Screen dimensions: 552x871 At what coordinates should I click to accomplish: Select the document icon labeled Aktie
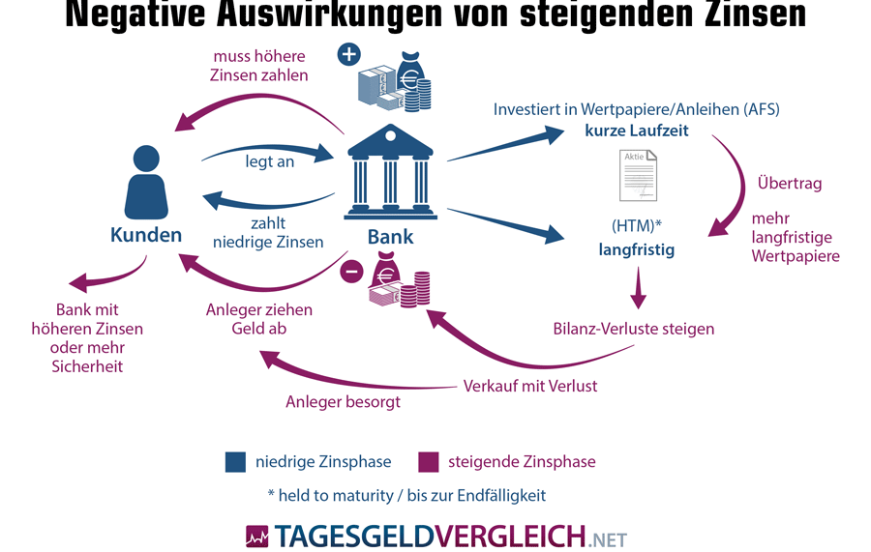pyautogui.click(x=639, y=175)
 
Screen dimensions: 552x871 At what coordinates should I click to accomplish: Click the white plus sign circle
pyautogui.click(x=349, y=54)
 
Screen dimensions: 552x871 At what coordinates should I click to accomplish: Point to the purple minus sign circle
pyautogui.click(x=351, y=272)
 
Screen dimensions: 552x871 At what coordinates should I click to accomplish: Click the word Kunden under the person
pyautogui.click(x=146, y=234)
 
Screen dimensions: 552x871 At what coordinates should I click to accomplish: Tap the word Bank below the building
pyautogui.click(x=391, y=237)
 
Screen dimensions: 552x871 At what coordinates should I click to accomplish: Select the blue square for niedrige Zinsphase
pyautogui.click(x=235, y=461)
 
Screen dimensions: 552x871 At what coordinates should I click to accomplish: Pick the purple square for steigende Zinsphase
pyautogui.click(x=428, y=461)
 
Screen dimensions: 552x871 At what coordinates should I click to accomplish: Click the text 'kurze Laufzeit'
pyautogui.click(x=636, y=131)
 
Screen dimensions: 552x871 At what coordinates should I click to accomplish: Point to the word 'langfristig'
pyautogui.click(x=636, y=249)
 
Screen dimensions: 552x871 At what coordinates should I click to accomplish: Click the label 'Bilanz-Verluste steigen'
pyautogui.click(x=634, y=329)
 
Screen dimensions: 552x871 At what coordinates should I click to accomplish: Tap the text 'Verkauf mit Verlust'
pyautogui.click(x=530, y=386)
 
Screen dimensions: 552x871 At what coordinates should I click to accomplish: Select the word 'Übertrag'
pyautogui.click(x=790, y=184)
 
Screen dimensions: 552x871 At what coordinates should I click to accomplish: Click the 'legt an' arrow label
pyautogui.click(x=270, y=161)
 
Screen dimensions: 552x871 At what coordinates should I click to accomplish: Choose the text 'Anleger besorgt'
pyautogui.click(x=343, y=401)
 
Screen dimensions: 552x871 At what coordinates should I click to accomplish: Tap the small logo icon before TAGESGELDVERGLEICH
pyautogui.click(x=257, y=536)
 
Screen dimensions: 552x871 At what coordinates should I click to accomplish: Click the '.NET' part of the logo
pyautogui.click(x=607, y=538)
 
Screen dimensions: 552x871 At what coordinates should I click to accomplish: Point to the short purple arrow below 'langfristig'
pyautogui.click(x=637, y=288)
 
